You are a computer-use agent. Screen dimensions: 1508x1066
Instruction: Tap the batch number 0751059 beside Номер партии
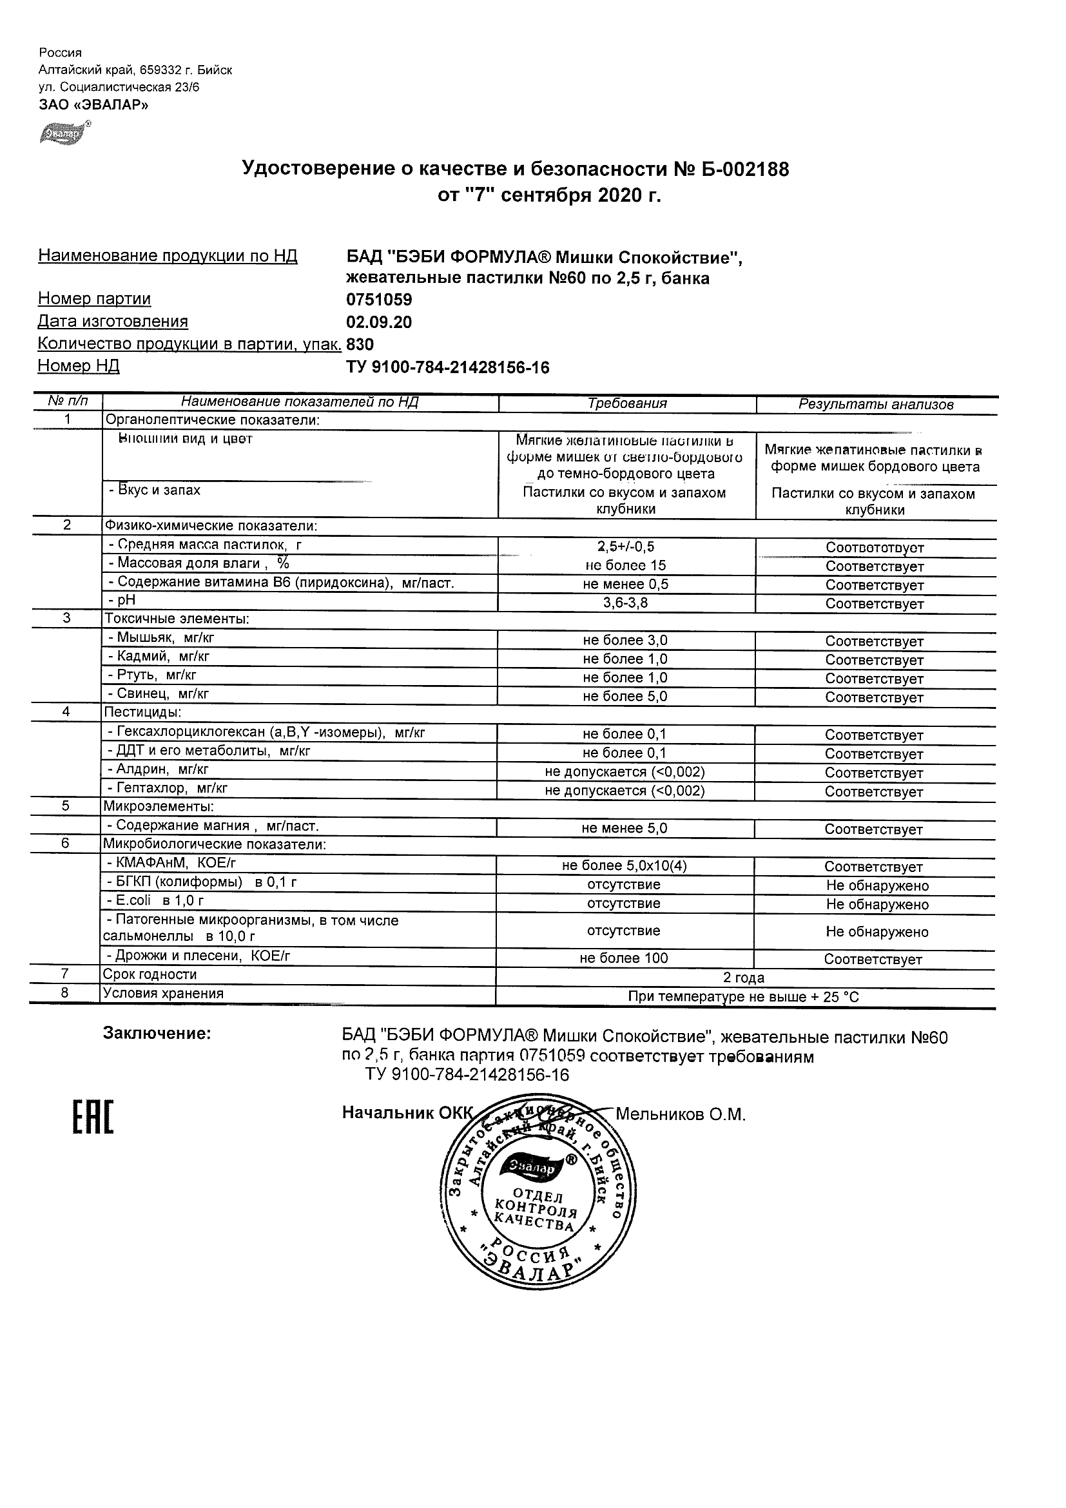point(379,300)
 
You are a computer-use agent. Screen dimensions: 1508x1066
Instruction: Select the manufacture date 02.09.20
point(379,322)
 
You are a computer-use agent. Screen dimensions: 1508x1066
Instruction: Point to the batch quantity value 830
point(360,344)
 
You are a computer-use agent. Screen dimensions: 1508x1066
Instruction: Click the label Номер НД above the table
point(78,366)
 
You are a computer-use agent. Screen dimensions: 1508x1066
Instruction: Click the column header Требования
point(627,403)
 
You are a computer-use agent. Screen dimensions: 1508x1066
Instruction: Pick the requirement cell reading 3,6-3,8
point(625,603)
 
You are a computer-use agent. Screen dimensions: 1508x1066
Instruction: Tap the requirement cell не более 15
point(625,566)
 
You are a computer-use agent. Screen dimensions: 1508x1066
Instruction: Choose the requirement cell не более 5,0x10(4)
point(624,866)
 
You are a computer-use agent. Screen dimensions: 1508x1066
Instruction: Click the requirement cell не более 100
point(623,958)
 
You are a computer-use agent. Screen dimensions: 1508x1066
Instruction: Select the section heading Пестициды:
point(142,712)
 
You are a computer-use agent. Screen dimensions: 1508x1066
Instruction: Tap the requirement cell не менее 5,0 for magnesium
point(624,828)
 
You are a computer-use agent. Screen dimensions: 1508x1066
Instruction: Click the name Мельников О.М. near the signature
point(681,1115)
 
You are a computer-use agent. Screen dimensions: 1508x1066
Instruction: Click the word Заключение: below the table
point(157,1034)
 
